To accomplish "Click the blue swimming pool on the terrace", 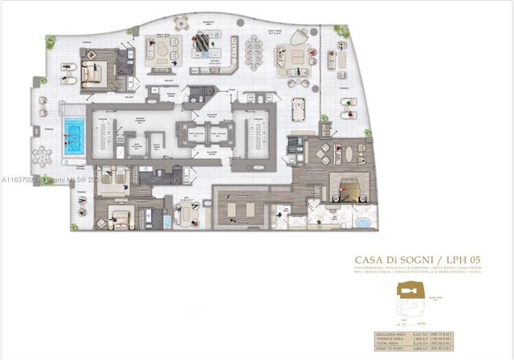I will (x=74, y=130).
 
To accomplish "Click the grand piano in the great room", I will (x=299, y=37).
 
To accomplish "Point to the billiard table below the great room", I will (x=300, y=108).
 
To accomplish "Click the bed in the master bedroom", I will (x=349, y=188).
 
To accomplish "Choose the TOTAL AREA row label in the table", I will (x=390, y=345).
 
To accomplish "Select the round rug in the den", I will (x=187, y=212).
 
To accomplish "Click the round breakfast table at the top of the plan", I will (x=182, y=23).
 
